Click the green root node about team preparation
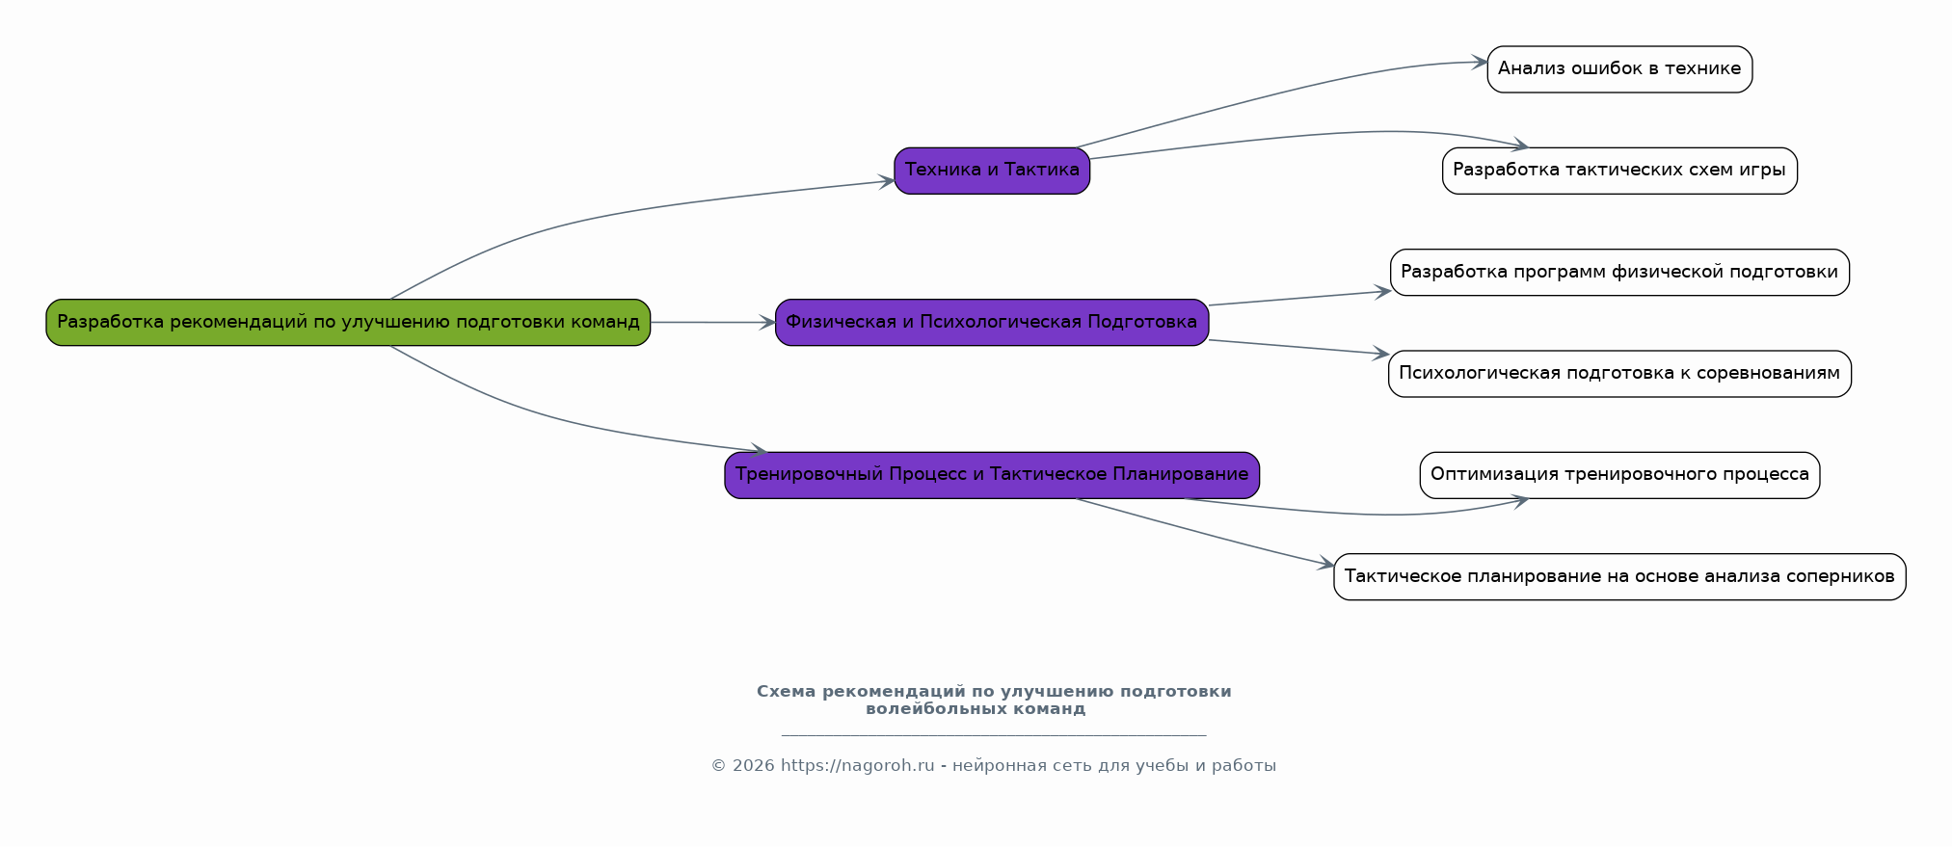[348, 322]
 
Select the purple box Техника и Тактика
[992, 171]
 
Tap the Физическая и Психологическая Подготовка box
[991, 322]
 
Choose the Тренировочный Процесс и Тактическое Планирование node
[992, 474]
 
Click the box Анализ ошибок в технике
[1619, 69]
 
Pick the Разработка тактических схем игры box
[1619, 171]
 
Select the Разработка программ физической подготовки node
[1619, 272]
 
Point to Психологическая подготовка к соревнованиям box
[1619, 373]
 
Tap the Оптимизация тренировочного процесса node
[1619, 474]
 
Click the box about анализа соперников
[1619, 576]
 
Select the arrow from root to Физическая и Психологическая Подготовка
[713, 322]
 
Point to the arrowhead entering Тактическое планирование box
[1326, 565]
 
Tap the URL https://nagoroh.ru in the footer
[857, 766]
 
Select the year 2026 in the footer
[753, 766]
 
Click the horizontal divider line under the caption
[993, 735]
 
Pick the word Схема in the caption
[786, 692]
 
